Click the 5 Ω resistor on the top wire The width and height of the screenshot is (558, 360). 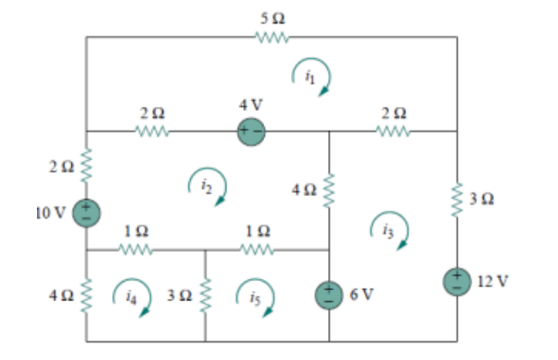tap(273, 37)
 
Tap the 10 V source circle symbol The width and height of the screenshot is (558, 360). tap(86, 213)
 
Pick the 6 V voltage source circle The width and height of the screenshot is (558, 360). tap(329, 294)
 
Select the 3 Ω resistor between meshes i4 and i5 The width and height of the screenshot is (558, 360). tap(206, 296)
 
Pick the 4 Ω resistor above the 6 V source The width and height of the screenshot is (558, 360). tap(329, 191)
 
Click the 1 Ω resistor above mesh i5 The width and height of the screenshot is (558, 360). tap(257, 250)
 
